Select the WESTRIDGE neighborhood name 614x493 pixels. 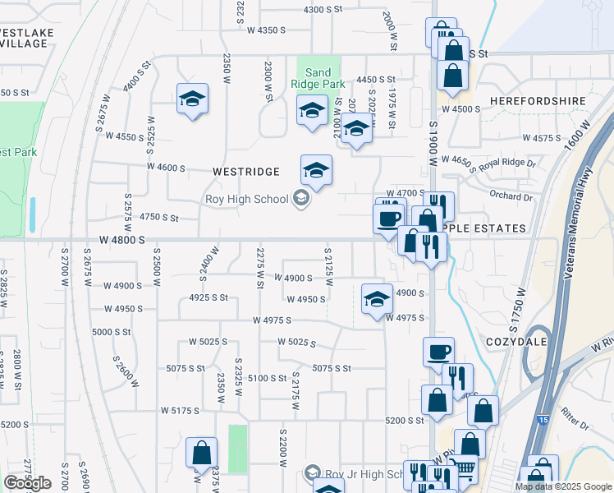[x=246, y=172]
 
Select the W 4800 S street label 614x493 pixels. [x=122, y=239]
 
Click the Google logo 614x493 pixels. [x=28, y=483]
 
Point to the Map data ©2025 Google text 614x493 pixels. [x=562, y=486]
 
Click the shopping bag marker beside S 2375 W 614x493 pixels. [x=201, y=453]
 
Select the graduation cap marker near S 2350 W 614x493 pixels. [x=192, y=99]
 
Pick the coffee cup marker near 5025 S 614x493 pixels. [x=438, y=352]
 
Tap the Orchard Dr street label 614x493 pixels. [x=515, y=196]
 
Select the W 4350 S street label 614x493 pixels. [x=266, y=30]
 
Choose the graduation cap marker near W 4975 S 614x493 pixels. [x=377, y=299]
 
